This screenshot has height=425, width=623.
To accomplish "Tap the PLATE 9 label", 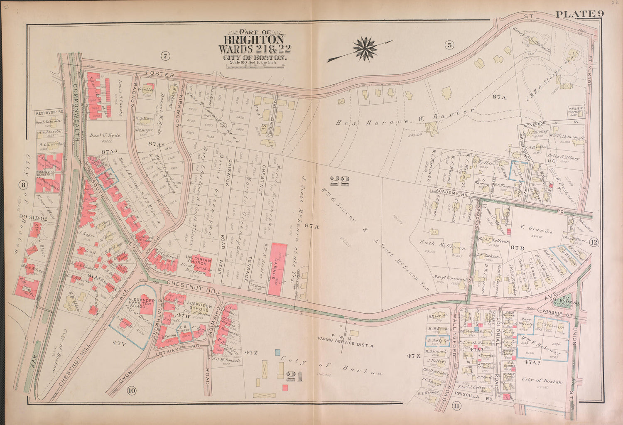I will point(579,14).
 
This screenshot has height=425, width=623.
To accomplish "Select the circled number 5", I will point(449,46).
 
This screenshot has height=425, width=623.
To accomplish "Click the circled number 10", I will point(132,390).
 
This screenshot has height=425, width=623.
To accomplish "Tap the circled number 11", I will point(456,406).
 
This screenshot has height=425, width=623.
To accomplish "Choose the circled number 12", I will point(593,243).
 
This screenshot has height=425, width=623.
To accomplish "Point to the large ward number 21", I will point(294,376).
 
